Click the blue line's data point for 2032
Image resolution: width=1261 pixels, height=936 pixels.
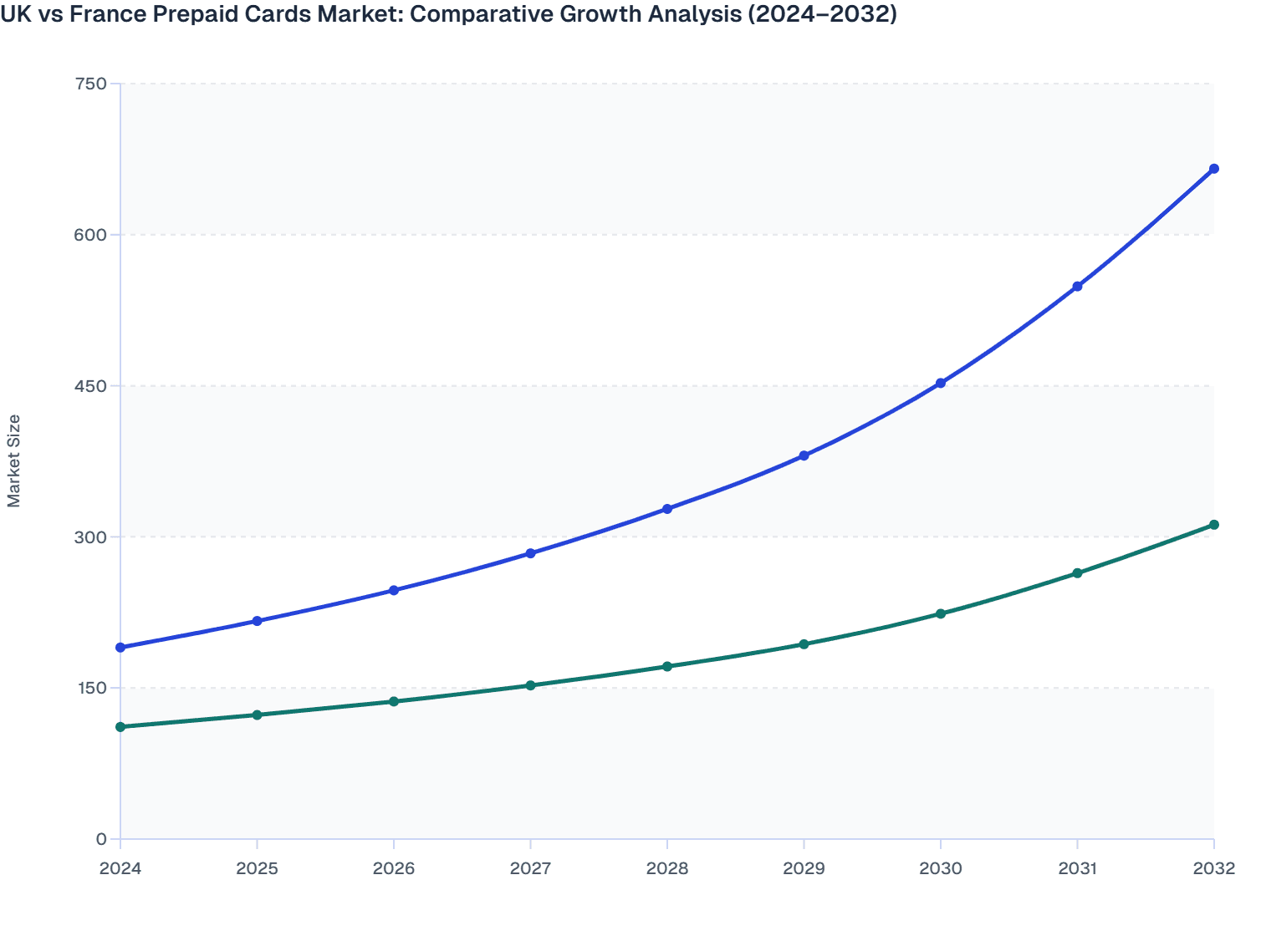1213,169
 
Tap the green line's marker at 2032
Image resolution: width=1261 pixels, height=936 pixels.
1213,525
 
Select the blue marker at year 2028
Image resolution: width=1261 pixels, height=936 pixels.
667,509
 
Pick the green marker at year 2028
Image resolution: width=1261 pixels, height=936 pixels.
667,666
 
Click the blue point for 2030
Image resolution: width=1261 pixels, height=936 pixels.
941,383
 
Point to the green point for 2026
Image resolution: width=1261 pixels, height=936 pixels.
394,701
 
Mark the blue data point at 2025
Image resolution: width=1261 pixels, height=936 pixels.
258,621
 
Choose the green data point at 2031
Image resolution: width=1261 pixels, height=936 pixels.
1077,573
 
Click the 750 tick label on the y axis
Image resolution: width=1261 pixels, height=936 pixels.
90,84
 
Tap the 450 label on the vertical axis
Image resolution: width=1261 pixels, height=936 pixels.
90,385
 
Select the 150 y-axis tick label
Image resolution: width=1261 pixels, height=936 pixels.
90,688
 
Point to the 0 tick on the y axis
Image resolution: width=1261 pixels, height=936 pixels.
101,839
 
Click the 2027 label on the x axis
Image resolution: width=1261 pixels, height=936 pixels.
530,868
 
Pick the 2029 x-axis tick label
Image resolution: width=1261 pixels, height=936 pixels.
804,868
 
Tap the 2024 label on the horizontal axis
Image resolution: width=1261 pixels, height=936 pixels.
120,868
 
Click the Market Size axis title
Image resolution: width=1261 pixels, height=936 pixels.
13,460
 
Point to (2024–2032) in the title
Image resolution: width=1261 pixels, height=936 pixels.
821,13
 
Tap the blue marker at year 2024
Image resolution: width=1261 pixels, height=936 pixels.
120,648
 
